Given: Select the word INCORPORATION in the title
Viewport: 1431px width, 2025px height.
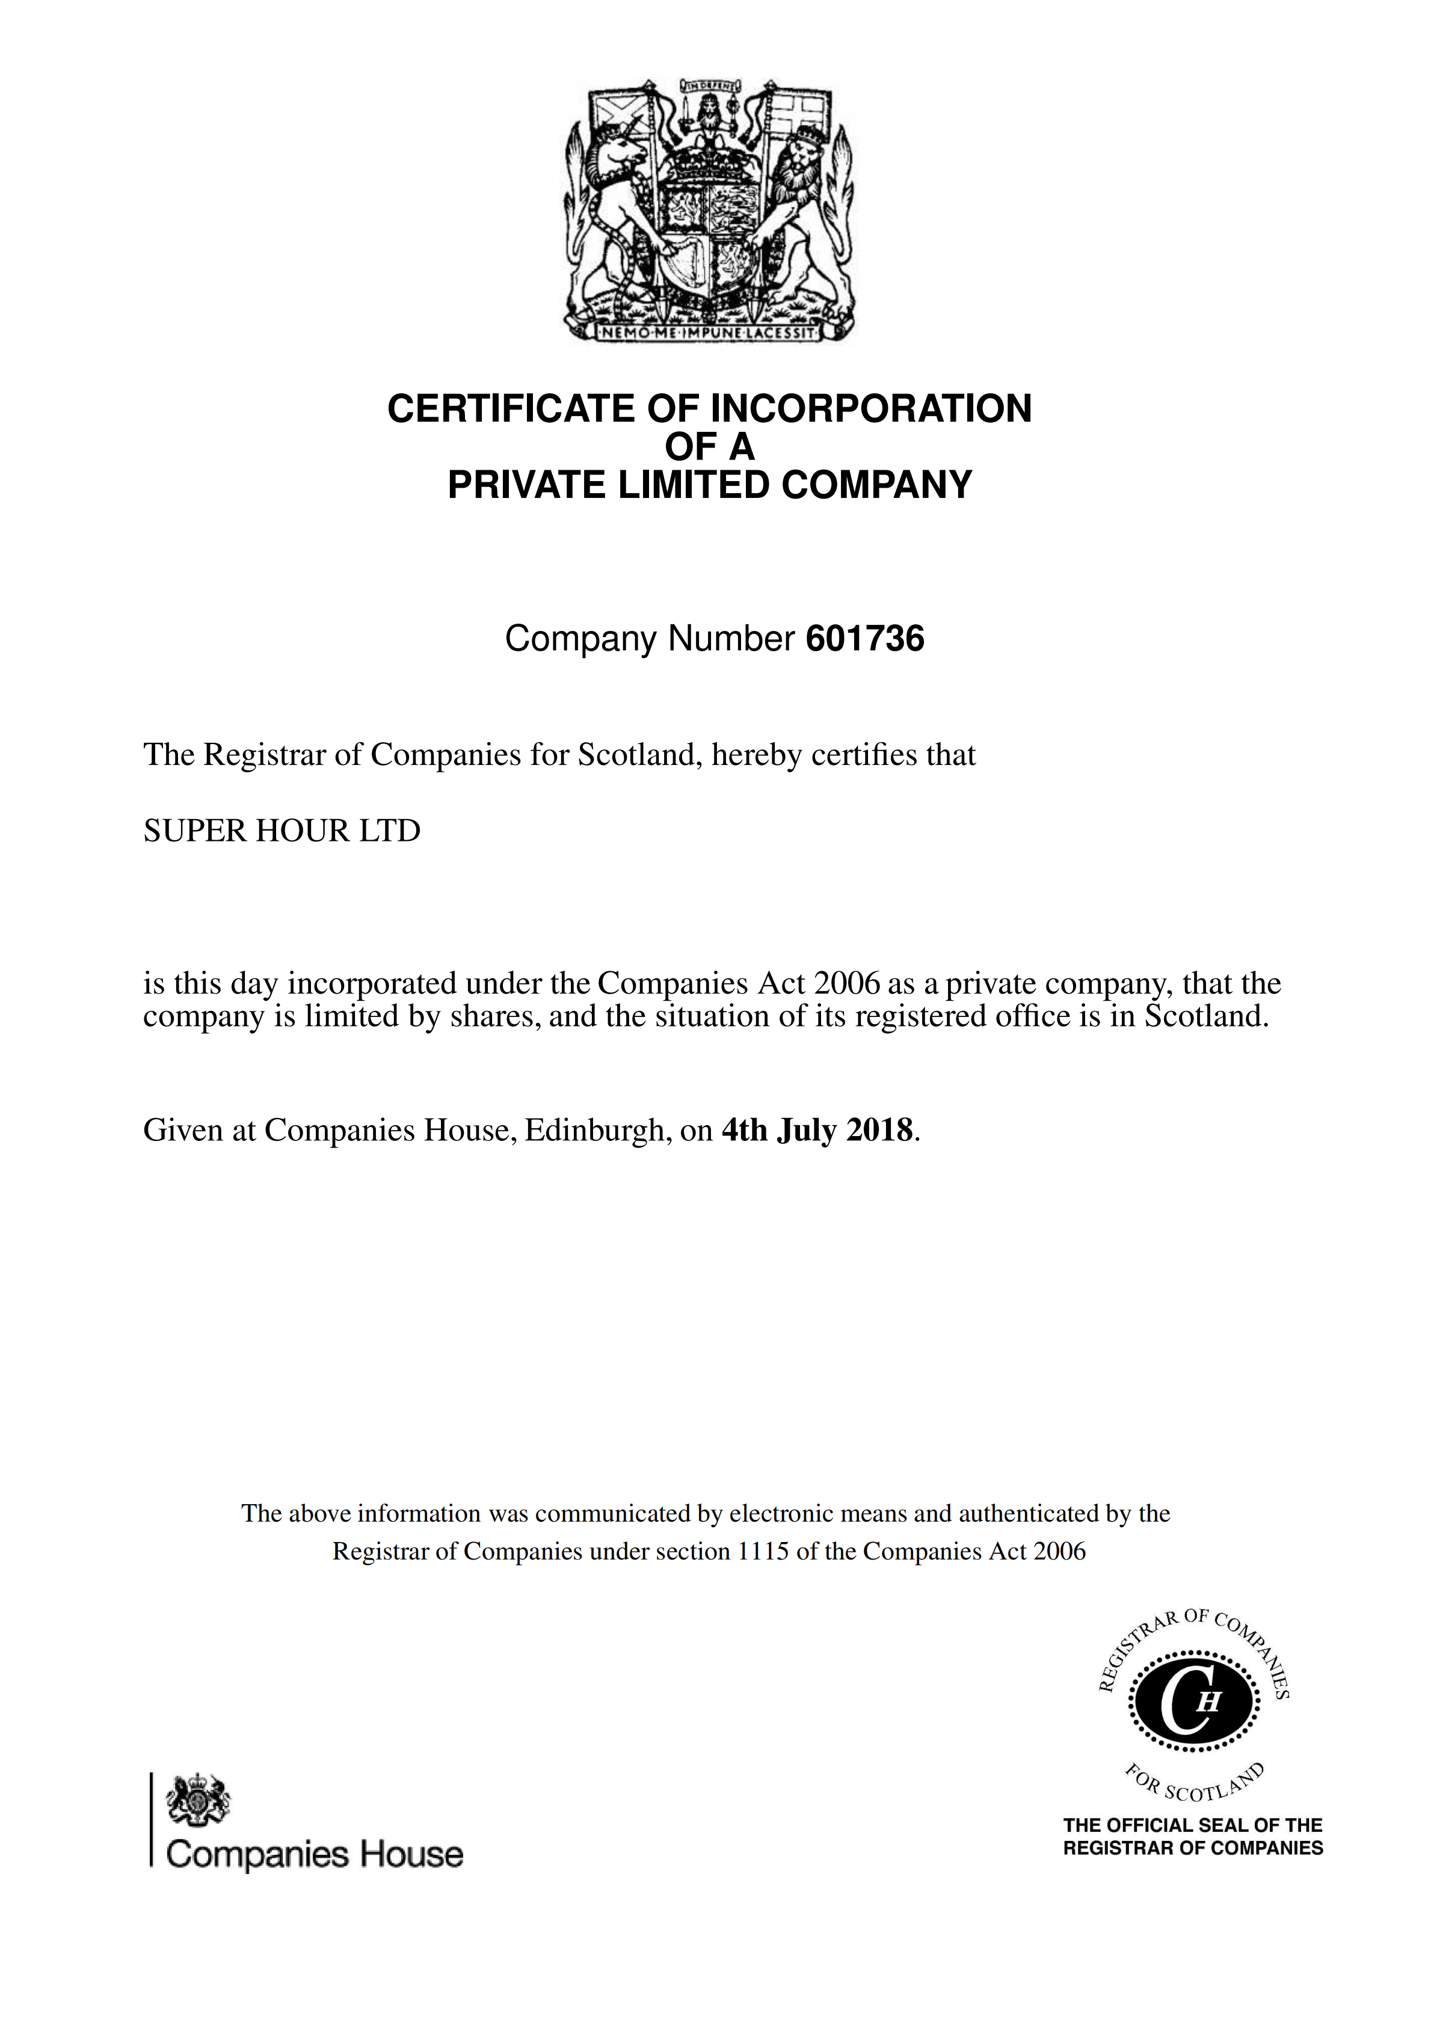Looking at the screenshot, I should coord(871,409).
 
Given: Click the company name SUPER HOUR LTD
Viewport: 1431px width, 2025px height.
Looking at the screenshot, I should coord(282,831).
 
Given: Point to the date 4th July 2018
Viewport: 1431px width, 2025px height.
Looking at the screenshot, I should coord(817,1130).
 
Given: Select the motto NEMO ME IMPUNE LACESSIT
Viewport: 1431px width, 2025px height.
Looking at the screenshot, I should coord(709,333).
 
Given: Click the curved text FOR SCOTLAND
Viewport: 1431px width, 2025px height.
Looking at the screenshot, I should coord(1195,1787).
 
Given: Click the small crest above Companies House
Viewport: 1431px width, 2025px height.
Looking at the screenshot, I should coord(198,1800).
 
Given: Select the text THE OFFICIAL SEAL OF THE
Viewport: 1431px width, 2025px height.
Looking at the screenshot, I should coord(1193,1825).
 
